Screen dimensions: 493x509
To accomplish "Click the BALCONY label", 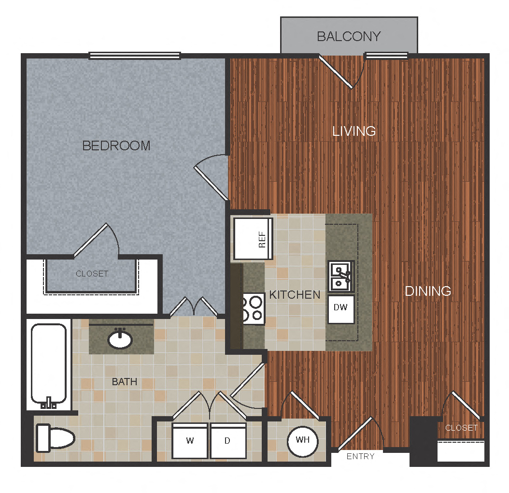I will pyautogui.click(x=349, y=36).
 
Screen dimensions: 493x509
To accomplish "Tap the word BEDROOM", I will pyautogui.click(x=116, y=145).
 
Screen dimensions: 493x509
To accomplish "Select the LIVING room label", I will pyautogui.click(x=354, y=131).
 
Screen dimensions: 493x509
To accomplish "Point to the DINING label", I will pyautogui.click(x=428, y=291).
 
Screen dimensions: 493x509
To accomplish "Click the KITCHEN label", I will pyautogui.click(x=295, y=294).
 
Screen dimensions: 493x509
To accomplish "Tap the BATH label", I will pyautogui.click(x=125, y=382).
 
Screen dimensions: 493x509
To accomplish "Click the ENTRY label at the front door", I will pyautogui.click(x=360, y=456).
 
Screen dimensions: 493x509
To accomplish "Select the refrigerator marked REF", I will pyautogui.click(x=254, y=239).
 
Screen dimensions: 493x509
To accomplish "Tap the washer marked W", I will pyautogui.click(x=191, y=441).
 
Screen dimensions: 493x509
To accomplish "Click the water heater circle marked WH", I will pyautogui.click(x=302, y=440).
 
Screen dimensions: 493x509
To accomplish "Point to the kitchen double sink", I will pyautogui.click(x=341, y=276).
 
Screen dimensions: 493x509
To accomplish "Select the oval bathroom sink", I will pyautogui.click(x=120, y=339).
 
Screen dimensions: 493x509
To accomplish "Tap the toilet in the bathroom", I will pyautogui.click(x=55, y=438).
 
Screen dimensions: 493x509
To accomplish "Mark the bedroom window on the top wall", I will pyautogui.click(x=135, y=56).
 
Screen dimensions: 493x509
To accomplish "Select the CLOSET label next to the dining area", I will pyautogui.click(x=461, y=428).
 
